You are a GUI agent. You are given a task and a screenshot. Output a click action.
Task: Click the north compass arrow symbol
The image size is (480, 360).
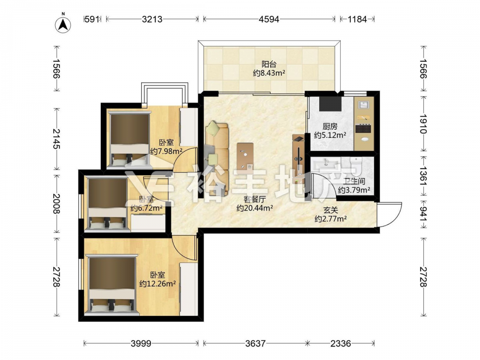pyautogui.click(x=63, y=24)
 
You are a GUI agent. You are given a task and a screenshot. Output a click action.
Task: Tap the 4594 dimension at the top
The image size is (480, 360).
pyautogui.click(x=269, y=19)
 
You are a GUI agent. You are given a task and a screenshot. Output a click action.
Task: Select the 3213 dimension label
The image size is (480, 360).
pyautogui.click(x=152, y=19)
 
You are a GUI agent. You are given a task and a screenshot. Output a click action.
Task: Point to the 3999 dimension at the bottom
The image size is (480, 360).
pyautogui.click(x=141, y=344)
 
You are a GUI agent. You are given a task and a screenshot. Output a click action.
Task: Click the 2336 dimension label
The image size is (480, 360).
pyautogui.click(x=340, y=344)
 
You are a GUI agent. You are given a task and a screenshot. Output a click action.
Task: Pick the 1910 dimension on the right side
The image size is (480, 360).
pyautogui.click(x=423, y=124)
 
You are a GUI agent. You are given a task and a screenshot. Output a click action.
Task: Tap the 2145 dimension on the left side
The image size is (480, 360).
pyautogui.click(x=57, y=139)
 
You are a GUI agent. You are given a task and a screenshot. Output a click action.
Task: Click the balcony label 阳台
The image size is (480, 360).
pyautogui.click(x=269, y=64)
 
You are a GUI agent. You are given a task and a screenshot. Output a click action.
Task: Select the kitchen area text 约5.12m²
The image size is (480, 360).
pyautogui.click(x=330, y=135)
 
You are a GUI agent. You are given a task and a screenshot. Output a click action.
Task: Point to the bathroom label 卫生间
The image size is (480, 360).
pyautogui.click(x=354, y=181)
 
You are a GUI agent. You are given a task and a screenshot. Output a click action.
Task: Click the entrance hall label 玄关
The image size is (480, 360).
pyautogui.click(x=331, y=210)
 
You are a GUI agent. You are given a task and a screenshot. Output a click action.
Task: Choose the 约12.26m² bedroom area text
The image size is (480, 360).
pyautogui.click(x=157, y=284)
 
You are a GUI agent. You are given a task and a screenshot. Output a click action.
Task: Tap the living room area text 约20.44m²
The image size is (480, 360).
pyautogui.click(x=255, y=208)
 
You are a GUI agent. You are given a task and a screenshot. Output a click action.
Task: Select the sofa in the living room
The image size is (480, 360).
pyautogui.click(x=217, y=158)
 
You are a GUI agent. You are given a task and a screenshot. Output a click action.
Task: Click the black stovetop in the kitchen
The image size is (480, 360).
pyautogui.click(x=363, y=128)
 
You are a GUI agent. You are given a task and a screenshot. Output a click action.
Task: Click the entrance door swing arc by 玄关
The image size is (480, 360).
pyautogui.click(x=393, y=214)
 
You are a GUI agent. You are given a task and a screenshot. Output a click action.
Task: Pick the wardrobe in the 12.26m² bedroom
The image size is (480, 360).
pyautogui.click(x=189, y=289)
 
